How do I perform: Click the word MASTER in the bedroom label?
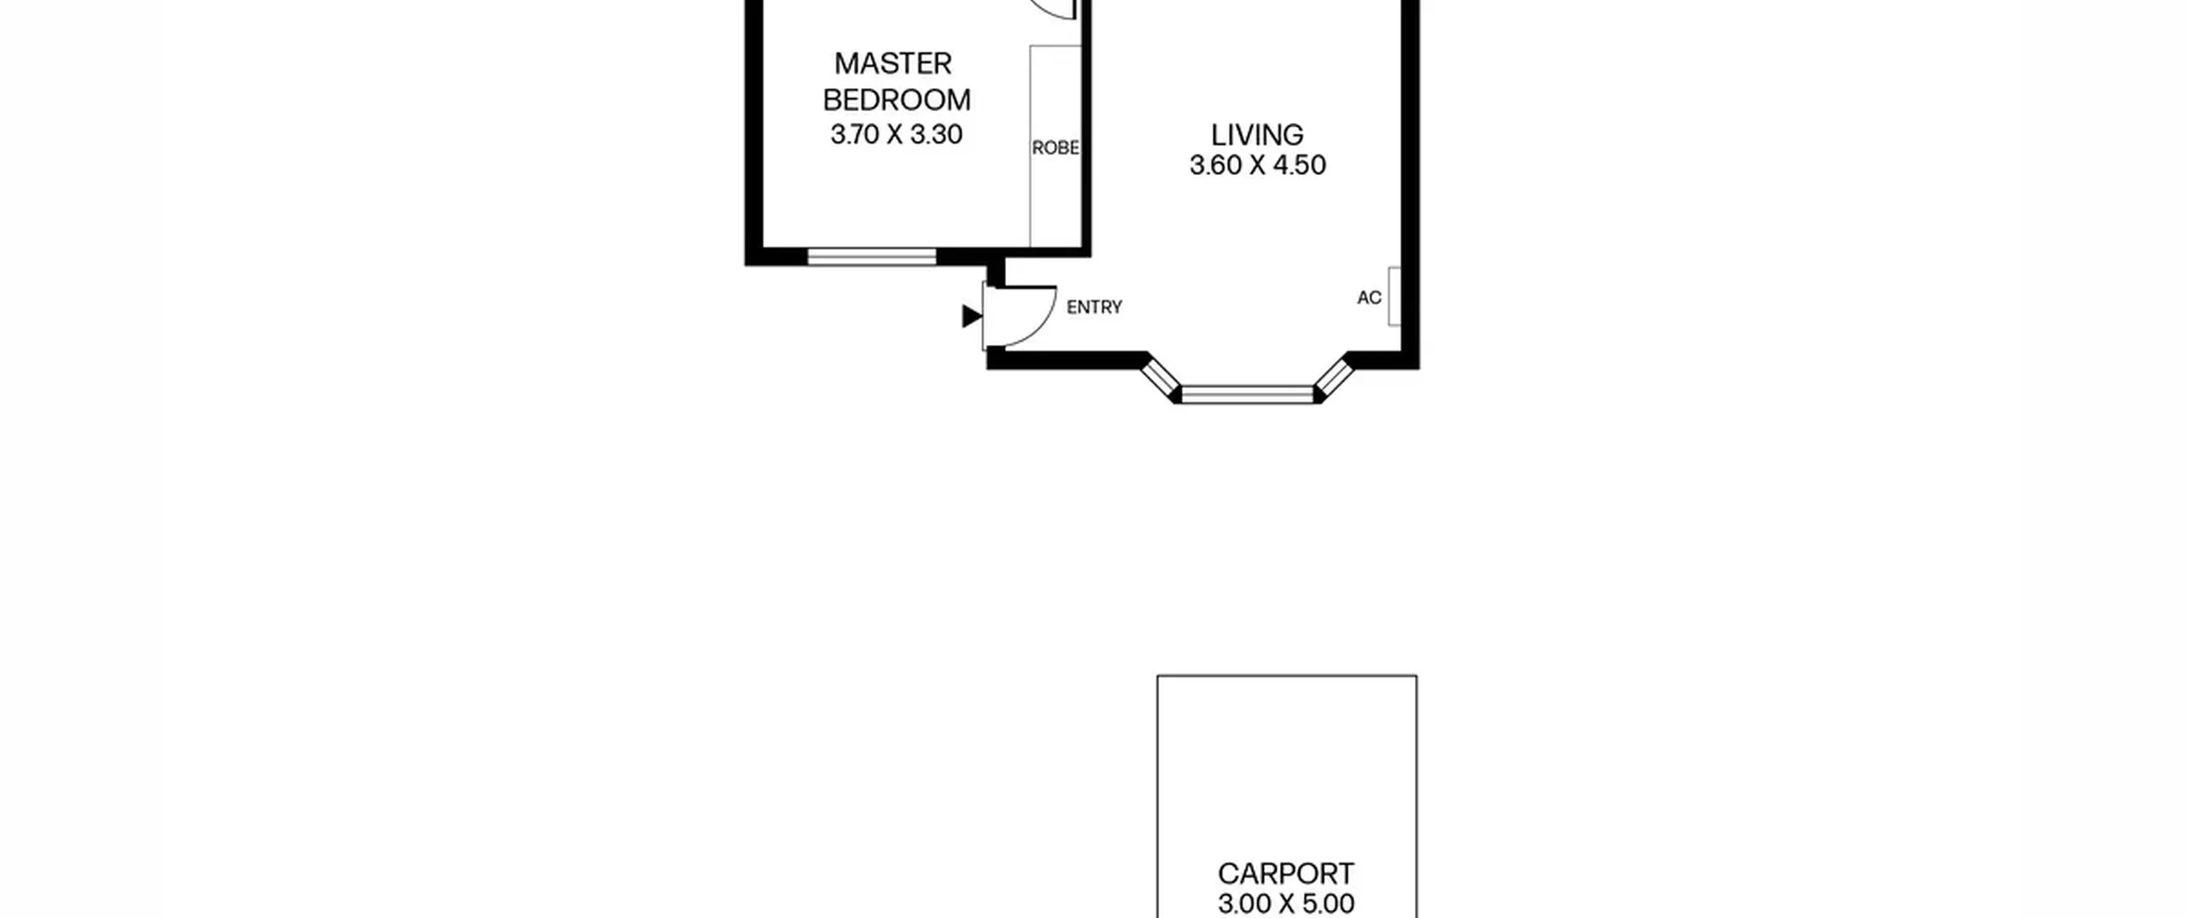pos(892,63)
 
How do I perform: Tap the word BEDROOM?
pos(897,100)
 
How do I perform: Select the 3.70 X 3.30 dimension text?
pos(897,134)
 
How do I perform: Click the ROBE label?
pos(1055,148)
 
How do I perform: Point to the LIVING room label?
pos(1257,135)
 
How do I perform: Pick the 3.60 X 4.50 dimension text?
pos(1258,165)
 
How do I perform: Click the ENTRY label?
pos(1094,307)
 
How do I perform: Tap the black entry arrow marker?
pos(972,316)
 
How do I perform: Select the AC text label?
pos(1369,297)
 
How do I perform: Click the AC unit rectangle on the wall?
pos(1394,296)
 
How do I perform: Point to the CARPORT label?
pos(1286,874)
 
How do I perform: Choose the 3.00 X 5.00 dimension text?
pos(1286,903)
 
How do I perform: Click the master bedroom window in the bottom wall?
pos(872,256)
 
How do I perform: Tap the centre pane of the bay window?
pos(1248,394)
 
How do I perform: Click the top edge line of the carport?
pos(1287,676)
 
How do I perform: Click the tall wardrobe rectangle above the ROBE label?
pos(1055,146)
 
